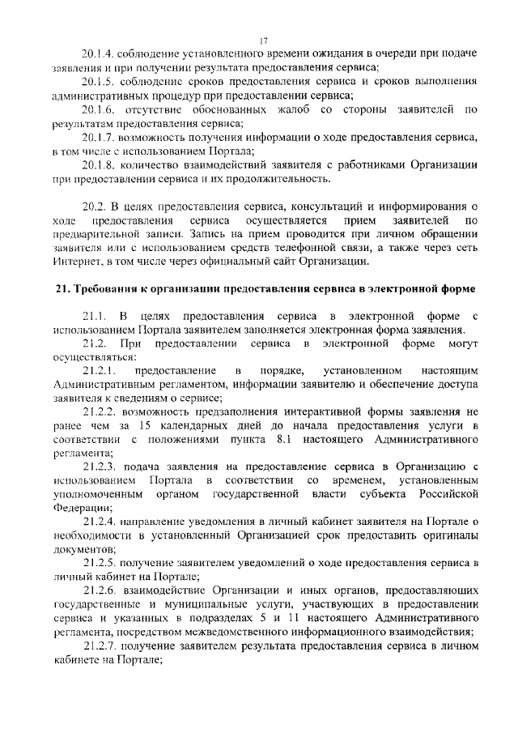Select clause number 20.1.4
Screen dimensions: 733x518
tap(98, 54)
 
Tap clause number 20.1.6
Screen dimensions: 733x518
tap(98, 109)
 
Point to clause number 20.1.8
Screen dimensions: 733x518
tap(98, 165)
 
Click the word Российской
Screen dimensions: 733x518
tap(443, 494)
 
